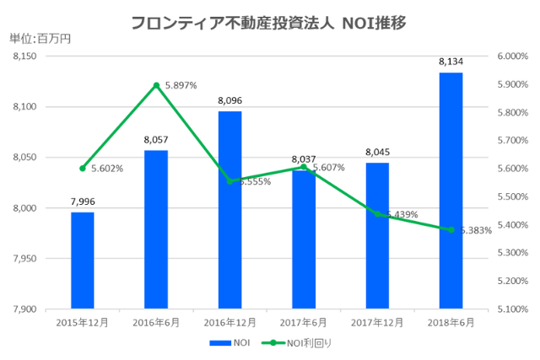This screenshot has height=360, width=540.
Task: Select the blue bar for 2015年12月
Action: click(83, 261)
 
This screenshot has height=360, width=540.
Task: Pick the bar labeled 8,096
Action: click(229, 210)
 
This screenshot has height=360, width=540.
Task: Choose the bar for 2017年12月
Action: click(377, 235)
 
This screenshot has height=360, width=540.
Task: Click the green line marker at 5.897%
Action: click(156, 85)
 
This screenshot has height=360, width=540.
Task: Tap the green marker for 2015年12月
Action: click(83, 169)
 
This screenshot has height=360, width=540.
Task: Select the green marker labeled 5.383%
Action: click(451, 230)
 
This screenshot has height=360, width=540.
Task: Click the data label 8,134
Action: click(451, 62)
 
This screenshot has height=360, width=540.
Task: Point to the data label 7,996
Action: click(83, 202)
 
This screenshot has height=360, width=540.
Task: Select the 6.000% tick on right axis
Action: click(512, 56)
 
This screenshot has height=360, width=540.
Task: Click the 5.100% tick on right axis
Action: click(512, 309)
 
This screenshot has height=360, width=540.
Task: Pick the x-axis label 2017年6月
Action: click(304, 322)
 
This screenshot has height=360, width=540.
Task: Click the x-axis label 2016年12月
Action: click(229, 322)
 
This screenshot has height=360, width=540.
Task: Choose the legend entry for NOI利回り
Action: click(297, 344)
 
